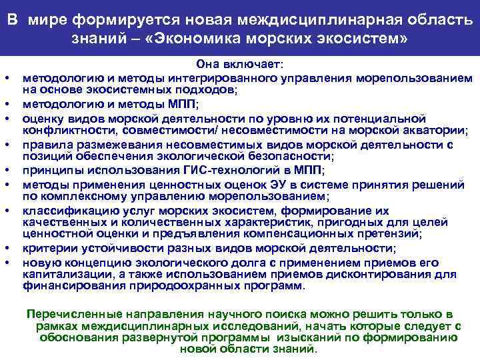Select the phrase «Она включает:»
[239, 63]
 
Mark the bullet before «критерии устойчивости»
[13, 249]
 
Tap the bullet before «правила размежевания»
[13, 144]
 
